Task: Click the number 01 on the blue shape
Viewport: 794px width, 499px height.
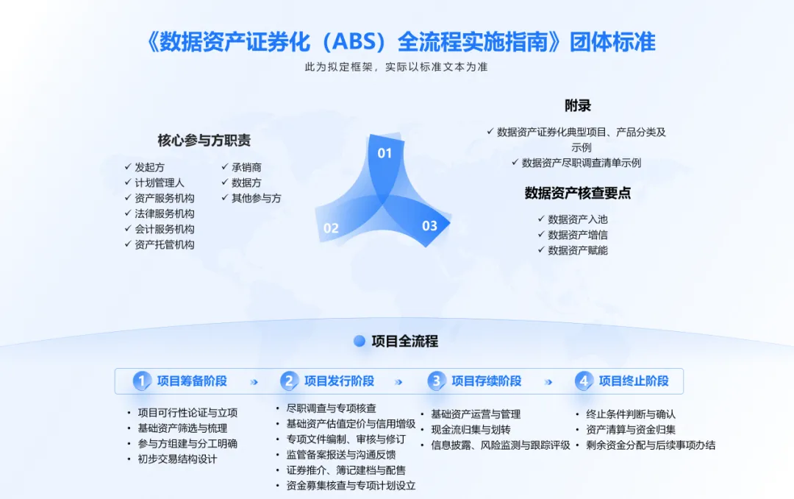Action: [x=385, y=153]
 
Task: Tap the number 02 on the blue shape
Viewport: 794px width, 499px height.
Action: [x=331, y=228]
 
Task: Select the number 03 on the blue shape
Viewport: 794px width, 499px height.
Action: [x=429, y=226]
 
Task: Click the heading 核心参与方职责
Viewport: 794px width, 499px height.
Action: [x=204, y=141]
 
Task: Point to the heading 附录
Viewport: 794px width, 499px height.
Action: [x=578, y=106]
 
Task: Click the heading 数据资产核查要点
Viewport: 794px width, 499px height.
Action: [x=578, y=194]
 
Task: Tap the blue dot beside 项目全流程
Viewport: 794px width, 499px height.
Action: [x=360, y=341]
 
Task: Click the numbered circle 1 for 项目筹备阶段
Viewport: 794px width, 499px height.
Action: [x=142, y=381]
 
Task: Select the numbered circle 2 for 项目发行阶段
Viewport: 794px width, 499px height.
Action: [x=290, y=381]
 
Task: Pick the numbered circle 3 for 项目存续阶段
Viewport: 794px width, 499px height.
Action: [x=437, y=381]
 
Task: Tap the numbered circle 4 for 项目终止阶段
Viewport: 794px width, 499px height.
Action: [x=584, y=381]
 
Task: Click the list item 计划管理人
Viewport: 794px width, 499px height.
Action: [x=160, y=183]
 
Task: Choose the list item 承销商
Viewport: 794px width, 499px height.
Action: [x=246, y=167]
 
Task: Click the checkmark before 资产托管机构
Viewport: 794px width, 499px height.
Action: [x=128, y=244]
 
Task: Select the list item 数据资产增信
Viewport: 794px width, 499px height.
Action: [x=578, y=235]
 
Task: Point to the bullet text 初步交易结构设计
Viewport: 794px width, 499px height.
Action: [x=177, y=459]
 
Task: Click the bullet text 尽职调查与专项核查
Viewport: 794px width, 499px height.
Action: [x=332, y=408]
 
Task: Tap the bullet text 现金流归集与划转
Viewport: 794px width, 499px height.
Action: [x=471, y=429]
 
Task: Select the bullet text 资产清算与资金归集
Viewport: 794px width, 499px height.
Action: [x=631, y=429]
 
